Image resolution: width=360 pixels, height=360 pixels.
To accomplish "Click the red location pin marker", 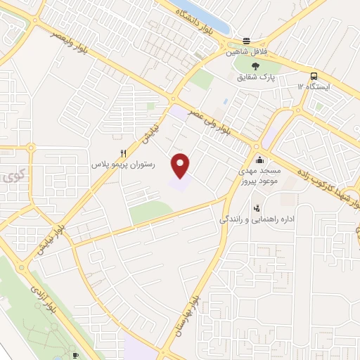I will tap(181, 165).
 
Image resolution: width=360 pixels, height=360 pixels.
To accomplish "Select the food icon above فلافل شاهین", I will tap(246, 40).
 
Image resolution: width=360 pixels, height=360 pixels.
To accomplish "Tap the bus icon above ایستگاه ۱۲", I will tap(314, 77).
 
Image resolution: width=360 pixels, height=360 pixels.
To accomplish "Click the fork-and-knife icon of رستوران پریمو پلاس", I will tap(123, 153).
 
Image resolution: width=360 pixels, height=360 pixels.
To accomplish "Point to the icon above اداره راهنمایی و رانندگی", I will tap(257, 208).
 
